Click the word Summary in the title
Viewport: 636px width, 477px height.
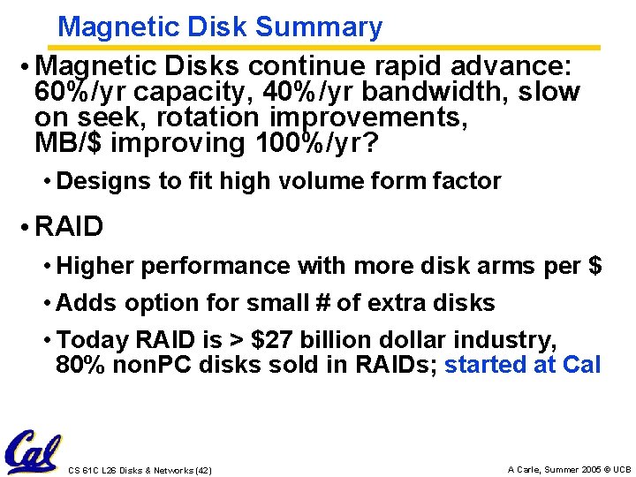coord(319,27)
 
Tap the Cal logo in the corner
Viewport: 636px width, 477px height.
coord(34,450)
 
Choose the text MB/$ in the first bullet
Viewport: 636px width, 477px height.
coord(69,143)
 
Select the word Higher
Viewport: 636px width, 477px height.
coord(95,266)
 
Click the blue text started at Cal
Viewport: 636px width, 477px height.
coord(522,365)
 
